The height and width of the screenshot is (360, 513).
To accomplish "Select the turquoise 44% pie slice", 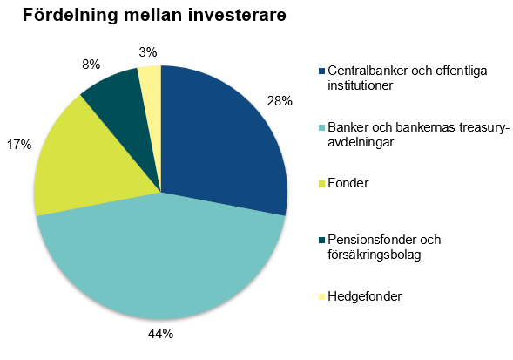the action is (160, 259).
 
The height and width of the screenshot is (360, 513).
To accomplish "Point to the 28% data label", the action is (280, 101).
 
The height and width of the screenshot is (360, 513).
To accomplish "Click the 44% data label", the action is (160, 334).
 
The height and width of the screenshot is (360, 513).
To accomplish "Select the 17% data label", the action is (19, 145).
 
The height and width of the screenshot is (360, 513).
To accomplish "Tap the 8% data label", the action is (91, 65).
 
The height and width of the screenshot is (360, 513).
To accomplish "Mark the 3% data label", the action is (148, 52).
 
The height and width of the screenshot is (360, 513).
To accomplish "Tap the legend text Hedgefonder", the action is (364, 296).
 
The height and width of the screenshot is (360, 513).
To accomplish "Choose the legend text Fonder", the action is (348, 183).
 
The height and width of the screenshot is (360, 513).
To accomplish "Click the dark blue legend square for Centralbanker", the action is (321, 71).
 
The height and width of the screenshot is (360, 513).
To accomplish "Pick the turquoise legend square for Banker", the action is (321, 127).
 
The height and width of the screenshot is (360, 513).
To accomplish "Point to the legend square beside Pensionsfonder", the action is (321, 240).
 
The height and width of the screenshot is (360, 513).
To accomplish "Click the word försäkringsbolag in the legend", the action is (375, 255).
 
